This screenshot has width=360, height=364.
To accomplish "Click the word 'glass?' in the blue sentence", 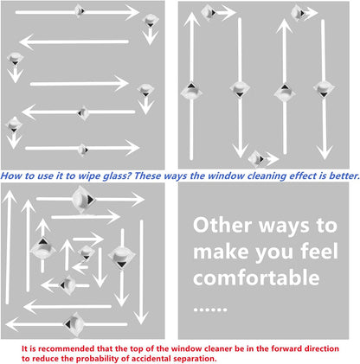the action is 118,176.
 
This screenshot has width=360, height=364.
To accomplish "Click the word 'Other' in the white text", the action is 222,225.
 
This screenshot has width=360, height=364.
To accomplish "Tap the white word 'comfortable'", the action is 256,278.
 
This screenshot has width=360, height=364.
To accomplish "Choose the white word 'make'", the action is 221,252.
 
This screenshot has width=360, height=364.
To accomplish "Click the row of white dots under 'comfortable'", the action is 210,310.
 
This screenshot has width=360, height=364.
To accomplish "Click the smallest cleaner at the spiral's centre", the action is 86,252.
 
